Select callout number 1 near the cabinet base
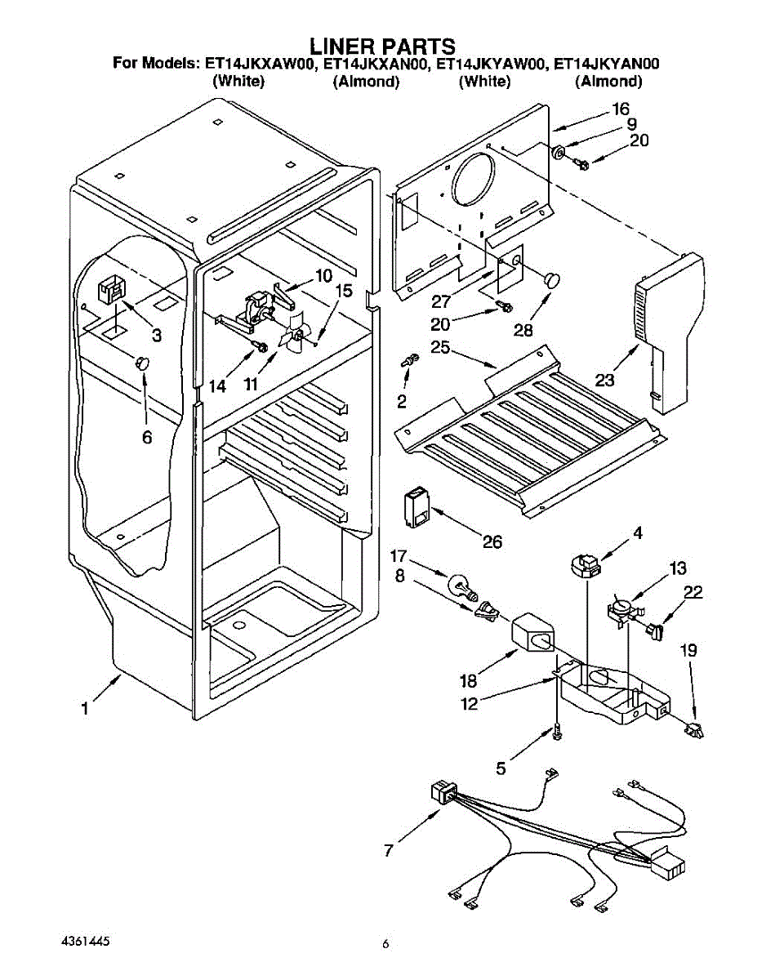[x=85, y=709]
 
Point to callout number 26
[x=492, y=541]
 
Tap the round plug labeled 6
[x=143, y=362]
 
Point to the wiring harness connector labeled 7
[x=441, y=791]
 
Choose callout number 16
[x=621, y=109]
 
